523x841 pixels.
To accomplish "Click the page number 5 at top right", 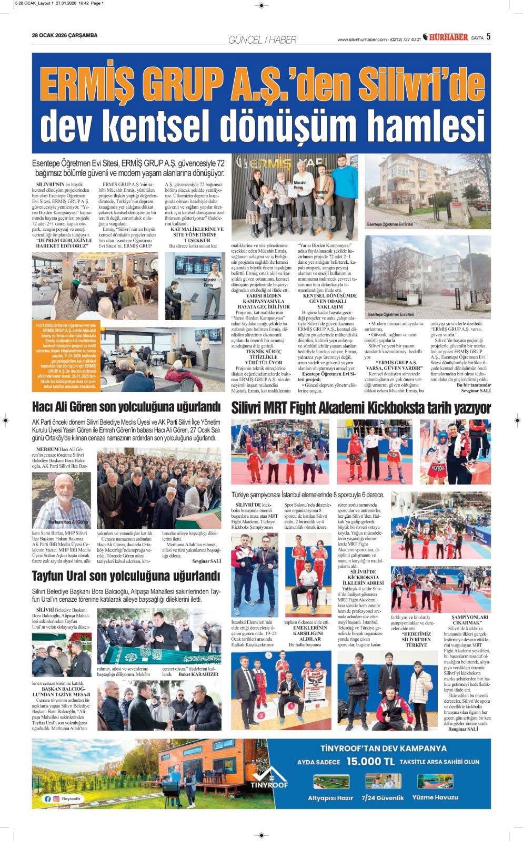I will point(488,36).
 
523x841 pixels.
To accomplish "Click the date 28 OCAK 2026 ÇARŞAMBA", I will point(65,35).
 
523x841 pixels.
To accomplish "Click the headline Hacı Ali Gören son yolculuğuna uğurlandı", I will point(125,407).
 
